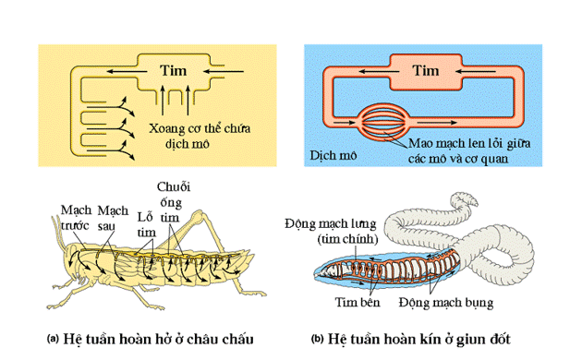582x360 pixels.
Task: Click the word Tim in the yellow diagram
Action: coord(173,70)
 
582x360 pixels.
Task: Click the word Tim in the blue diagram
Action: coord(424,70)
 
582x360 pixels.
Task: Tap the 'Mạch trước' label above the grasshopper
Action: coord(77,217)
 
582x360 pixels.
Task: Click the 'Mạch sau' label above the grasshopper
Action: coord(114,217)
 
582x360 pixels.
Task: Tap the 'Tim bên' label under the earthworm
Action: coord(358,302)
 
